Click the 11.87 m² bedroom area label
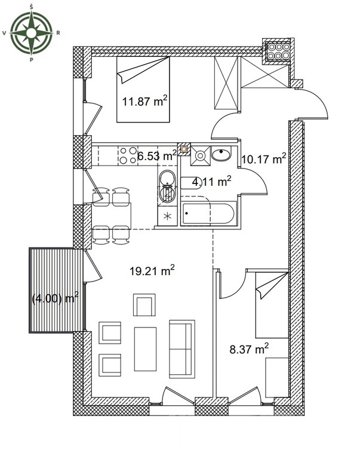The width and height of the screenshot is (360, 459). coord(144,101)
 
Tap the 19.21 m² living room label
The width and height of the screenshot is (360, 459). coord(152,271)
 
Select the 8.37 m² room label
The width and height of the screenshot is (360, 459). coord(249,348)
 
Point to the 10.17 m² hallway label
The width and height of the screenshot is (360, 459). coord(263,159)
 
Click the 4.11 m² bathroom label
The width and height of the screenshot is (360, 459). coord(211,182)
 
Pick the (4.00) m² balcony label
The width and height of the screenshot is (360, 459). coord(55,299)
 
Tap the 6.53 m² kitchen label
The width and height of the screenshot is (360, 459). coord(157,156)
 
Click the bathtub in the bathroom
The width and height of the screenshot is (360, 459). coord(208,213)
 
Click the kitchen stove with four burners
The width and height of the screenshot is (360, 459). coord(128,155)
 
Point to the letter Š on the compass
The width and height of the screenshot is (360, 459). coord(31,7)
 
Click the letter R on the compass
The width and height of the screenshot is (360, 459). coord(58,33)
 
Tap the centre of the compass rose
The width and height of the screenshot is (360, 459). coord(31,33)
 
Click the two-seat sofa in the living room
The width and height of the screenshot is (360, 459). coord(181,349)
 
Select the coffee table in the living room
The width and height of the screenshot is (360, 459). coord(145,349)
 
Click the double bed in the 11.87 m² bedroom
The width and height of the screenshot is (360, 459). coord(143,89)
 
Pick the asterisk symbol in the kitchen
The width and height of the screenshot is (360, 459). coord(167,216)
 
